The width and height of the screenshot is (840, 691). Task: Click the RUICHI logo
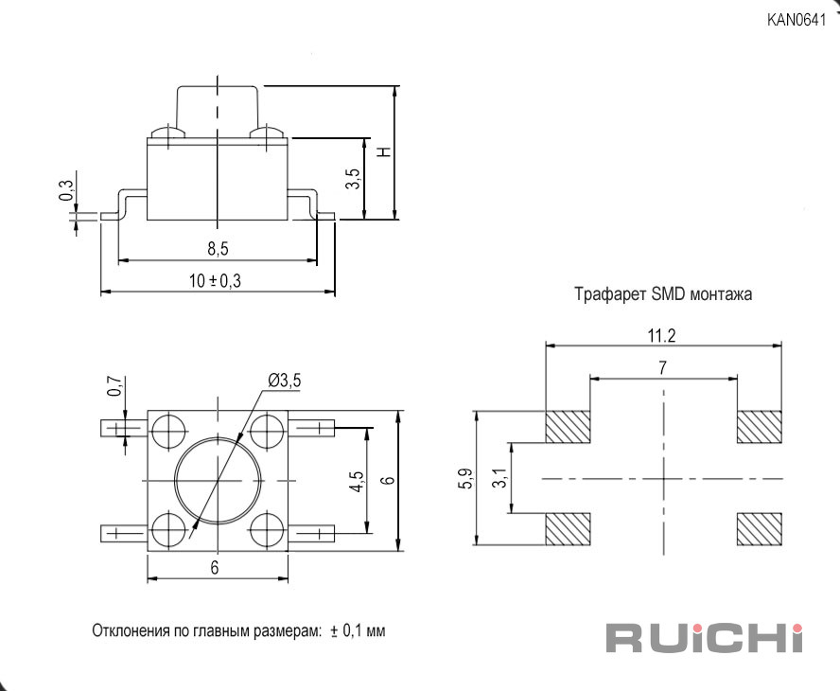coord(705,638)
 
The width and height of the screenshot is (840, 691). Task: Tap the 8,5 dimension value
coord(218,249)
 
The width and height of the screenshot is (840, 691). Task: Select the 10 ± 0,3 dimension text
coord(216,280)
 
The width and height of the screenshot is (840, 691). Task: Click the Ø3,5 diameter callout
coord(285,381)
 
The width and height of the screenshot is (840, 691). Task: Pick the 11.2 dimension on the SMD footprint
coord(661,336)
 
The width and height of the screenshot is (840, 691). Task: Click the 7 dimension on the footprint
coord(663,368)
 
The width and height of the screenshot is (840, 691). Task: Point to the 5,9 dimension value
coord(466,478)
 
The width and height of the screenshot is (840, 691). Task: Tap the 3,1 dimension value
coord(499,477)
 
